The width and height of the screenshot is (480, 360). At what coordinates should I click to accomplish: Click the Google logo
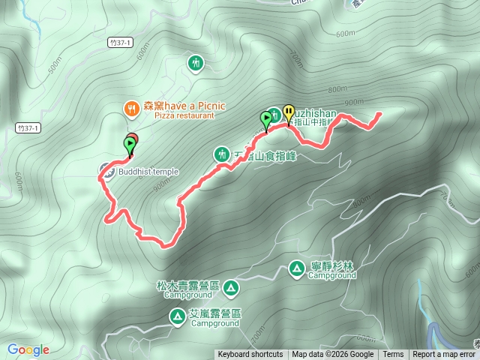(28, 349)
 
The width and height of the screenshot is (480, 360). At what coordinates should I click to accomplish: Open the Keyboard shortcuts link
(250, 355)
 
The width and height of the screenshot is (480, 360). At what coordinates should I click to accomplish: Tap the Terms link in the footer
(393, 355)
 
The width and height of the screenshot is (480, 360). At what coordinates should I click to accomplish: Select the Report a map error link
(444, 355)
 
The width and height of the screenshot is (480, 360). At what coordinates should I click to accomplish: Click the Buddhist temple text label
(148, 172)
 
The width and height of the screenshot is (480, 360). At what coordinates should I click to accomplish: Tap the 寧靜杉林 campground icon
(297, 268)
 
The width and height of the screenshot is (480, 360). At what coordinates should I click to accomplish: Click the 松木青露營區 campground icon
(230, 286)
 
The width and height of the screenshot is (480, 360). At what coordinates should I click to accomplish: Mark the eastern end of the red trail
(379, 114)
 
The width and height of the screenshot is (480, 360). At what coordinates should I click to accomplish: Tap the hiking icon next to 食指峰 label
(221, 154)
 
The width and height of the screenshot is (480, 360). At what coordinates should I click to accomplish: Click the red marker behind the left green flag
(133, 137)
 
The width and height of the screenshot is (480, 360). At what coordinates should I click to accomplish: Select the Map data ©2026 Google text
(333, 355)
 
